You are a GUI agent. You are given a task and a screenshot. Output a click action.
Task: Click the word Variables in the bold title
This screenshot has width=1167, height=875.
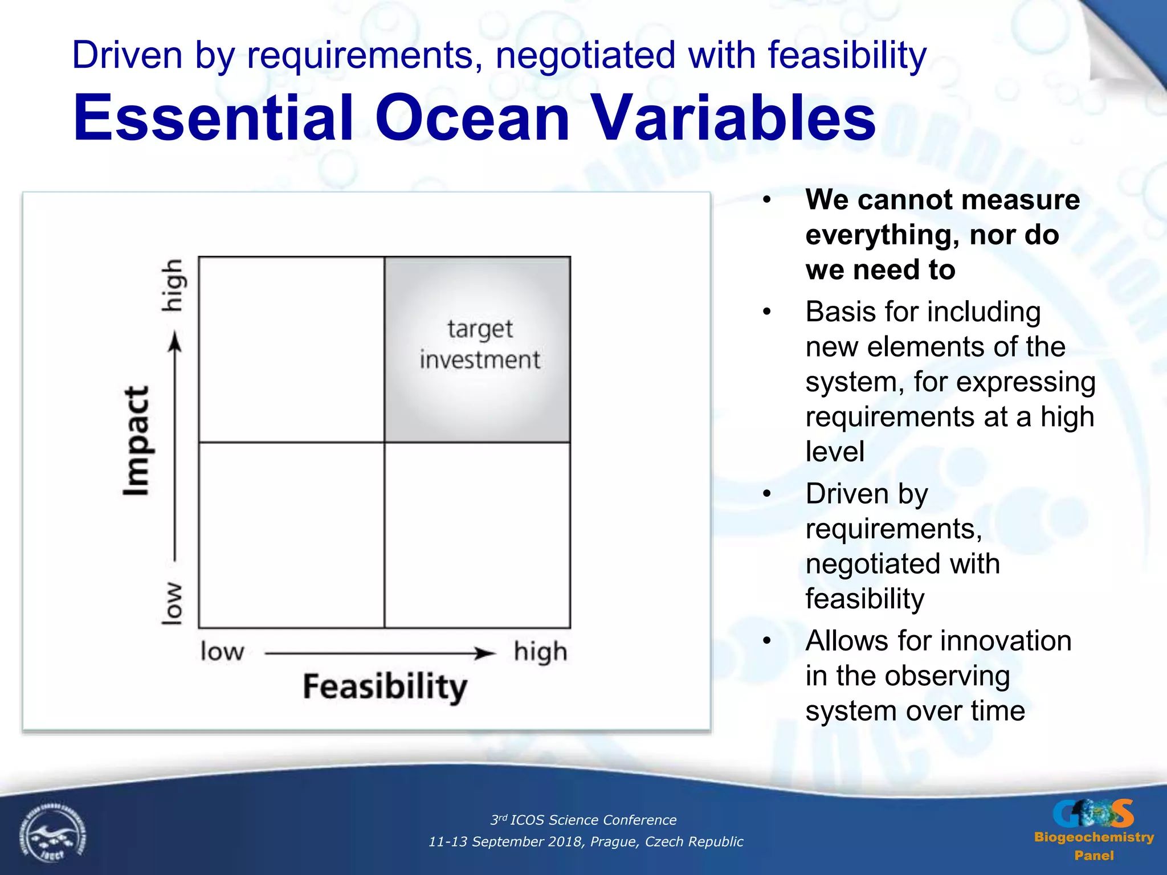pos(732,118)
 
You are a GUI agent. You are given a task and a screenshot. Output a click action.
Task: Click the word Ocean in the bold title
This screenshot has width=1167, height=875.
pos(472,118)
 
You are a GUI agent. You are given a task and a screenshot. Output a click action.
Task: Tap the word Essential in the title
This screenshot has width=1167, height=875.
pos(214,118)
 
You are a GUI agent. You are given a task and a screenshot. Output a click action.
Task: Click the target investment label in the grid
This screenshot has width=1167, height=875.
pos(479,344)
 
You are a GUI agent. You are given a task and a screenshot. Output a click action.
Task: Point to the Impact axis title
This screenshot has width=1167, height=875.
pos(137,441)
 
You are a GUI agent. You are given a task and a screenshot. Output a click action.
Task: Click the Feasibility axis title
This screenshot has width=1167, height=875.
pos(385,686)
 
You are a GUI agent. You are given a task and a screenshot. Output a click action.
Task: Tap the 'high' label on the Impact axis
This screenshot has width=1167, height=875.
pos(172,285)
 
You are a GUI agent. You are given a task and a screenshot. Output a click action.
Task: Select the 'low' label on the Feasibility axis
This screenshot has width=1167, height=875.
pos(222,651)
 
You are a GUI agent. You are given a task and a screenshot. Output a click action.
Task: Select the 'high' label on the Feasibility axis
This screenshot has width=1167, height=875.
pos(540,652)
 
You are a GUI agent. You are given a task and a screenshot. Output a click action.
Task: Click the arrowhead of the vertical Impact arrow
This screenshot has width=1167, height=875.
pos(176,343)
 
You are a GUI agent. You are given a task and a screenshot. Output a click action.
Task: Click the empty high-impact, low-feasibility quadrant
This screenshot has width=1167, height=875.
pos(291,349)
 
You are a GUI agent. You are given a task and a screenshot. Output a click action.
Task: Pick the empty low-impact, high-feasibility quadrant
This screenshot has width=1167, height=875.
pos(478,535)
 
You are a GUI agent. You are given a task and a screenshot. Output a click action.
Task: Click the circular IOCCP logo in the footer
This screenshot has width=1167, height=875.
pos(52,835)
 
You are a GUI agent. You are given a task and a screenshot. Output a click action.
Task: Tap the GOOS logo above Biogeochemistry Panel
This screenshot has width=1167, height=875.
pos(1092,813)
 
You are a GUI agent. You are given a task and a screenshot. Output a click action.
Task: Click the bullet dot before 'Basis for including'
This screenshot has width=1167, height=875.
pos(767,312)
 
